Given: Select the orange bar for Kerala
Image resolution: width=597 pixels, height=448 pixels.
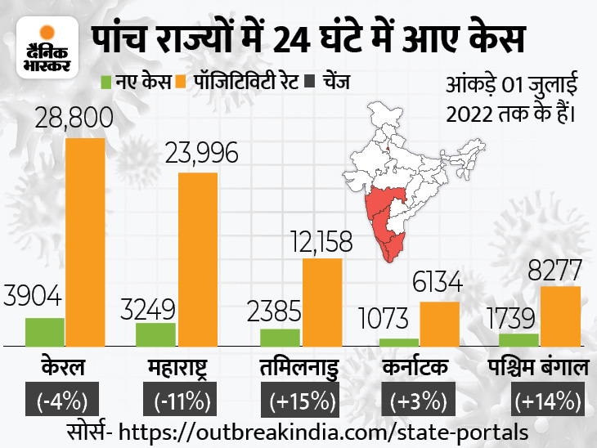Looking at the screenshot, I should [x=86, y=242].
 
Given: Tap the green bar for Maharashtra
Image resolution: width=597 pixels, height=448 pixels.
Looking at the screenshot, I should [x=156, y=334].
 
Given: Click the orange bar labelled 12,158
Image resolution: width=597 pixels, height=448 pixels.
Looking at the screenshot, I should [x=322, y=302].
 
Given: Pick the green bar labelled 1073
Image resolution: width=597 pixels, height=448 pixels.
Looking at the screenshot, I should [x=399, y=342].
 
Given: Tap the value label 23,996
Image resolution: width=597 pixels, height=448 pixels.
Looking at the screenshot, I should [x=196, y=152].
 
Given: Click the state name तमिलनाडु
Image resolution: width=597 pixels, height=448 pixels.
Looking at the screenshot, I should [x=299, y=367].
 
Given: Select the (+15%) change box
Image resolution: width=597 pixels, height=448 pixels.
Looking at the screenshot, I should [x=299, y=401].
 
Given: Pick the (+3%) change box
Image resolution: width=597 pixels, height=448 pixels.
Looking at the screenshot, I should [x=418, y=401].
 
